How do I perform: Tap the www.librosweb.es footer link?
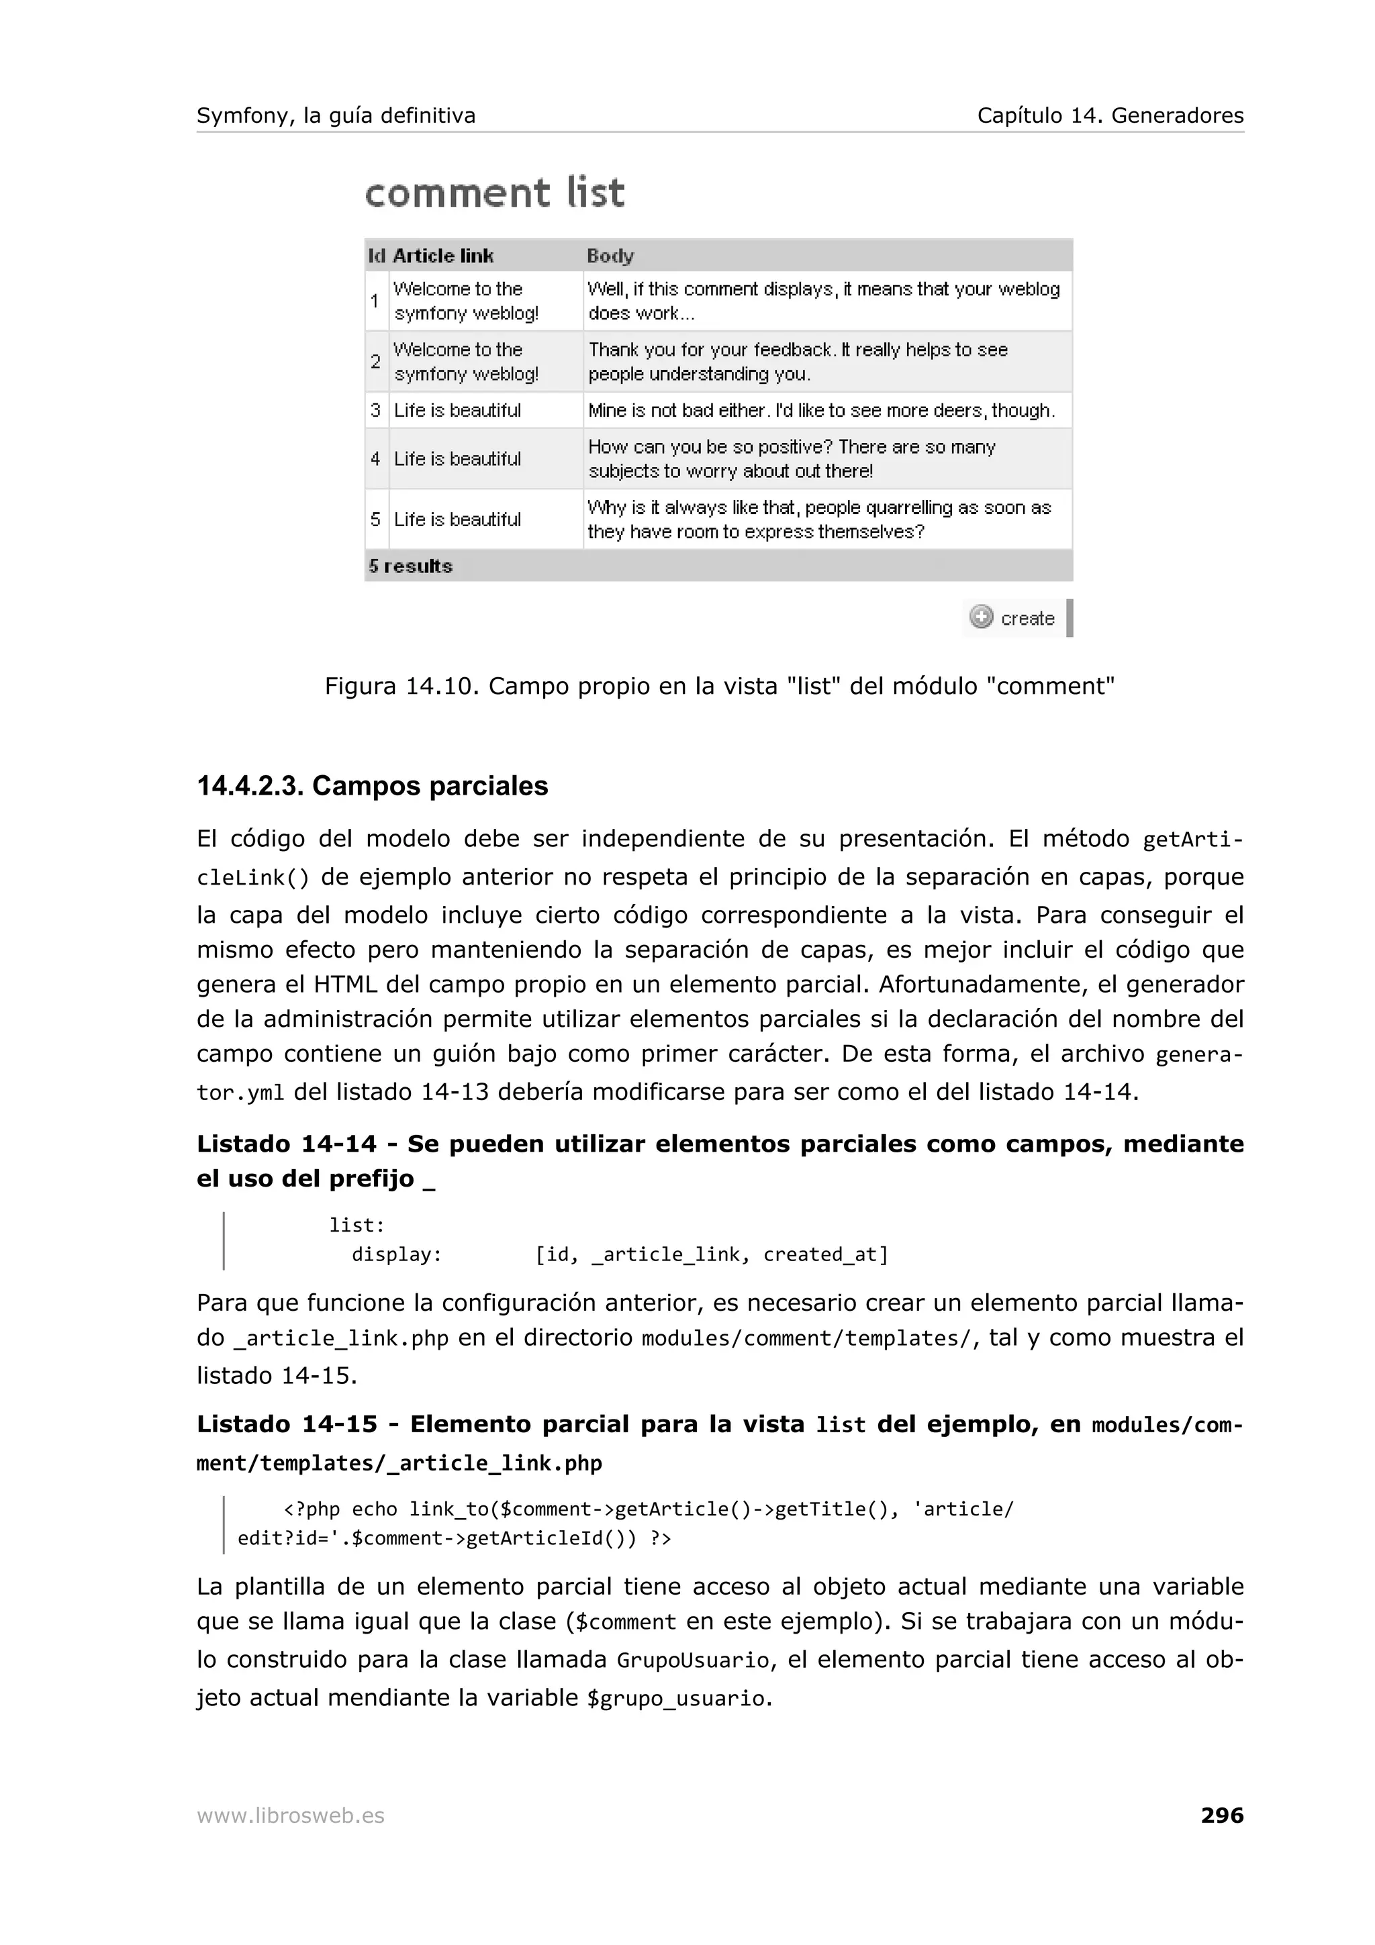291,1815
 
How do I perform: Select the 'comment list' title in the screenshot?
495,193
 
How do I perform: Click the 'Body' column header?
610,256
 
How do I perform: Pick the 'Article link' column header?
443,256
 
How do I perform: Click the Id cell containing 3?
375,410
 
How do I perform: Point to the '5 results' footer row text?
411,566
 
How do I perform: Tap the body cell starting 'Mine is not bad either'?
820,410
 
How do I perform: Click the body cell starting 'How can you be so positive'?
792,458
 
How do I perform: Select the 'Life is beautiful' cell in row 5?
457,519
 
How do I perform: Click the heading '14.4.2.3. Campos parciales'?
373,785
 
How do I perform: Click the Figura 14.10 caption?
719,685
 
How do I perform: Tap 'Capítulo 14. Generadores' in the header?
1110,115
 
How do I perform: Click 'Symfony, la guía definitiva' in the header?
336,115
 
